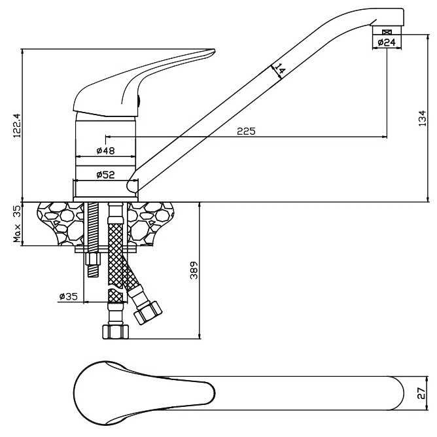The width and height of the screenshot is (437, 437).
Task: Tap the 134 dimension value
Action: (423, 118)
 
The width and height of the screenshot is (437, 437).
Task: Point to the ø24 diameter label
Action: (387, 43)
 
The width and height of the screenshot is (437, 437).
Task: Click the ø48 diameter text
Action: (105, 150)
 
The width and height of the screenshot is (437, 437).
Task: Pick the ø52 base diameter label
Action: (105, 175)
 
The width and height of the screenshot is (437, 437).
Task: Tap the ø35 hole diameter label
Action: (68, 296)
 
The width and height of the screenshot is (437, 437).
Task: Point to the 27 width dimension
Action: (423, 393)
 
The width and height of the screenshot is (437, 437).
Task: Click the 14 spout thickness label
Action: (280, 69)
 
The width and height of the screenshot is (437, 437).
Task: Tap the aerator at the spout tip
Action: (387, 31)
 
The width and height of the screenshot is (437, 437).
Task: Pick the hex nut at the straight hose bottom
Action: (115, 331)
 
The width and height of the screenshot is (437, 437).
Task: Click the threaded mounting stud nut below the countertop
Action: (92, 269)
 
